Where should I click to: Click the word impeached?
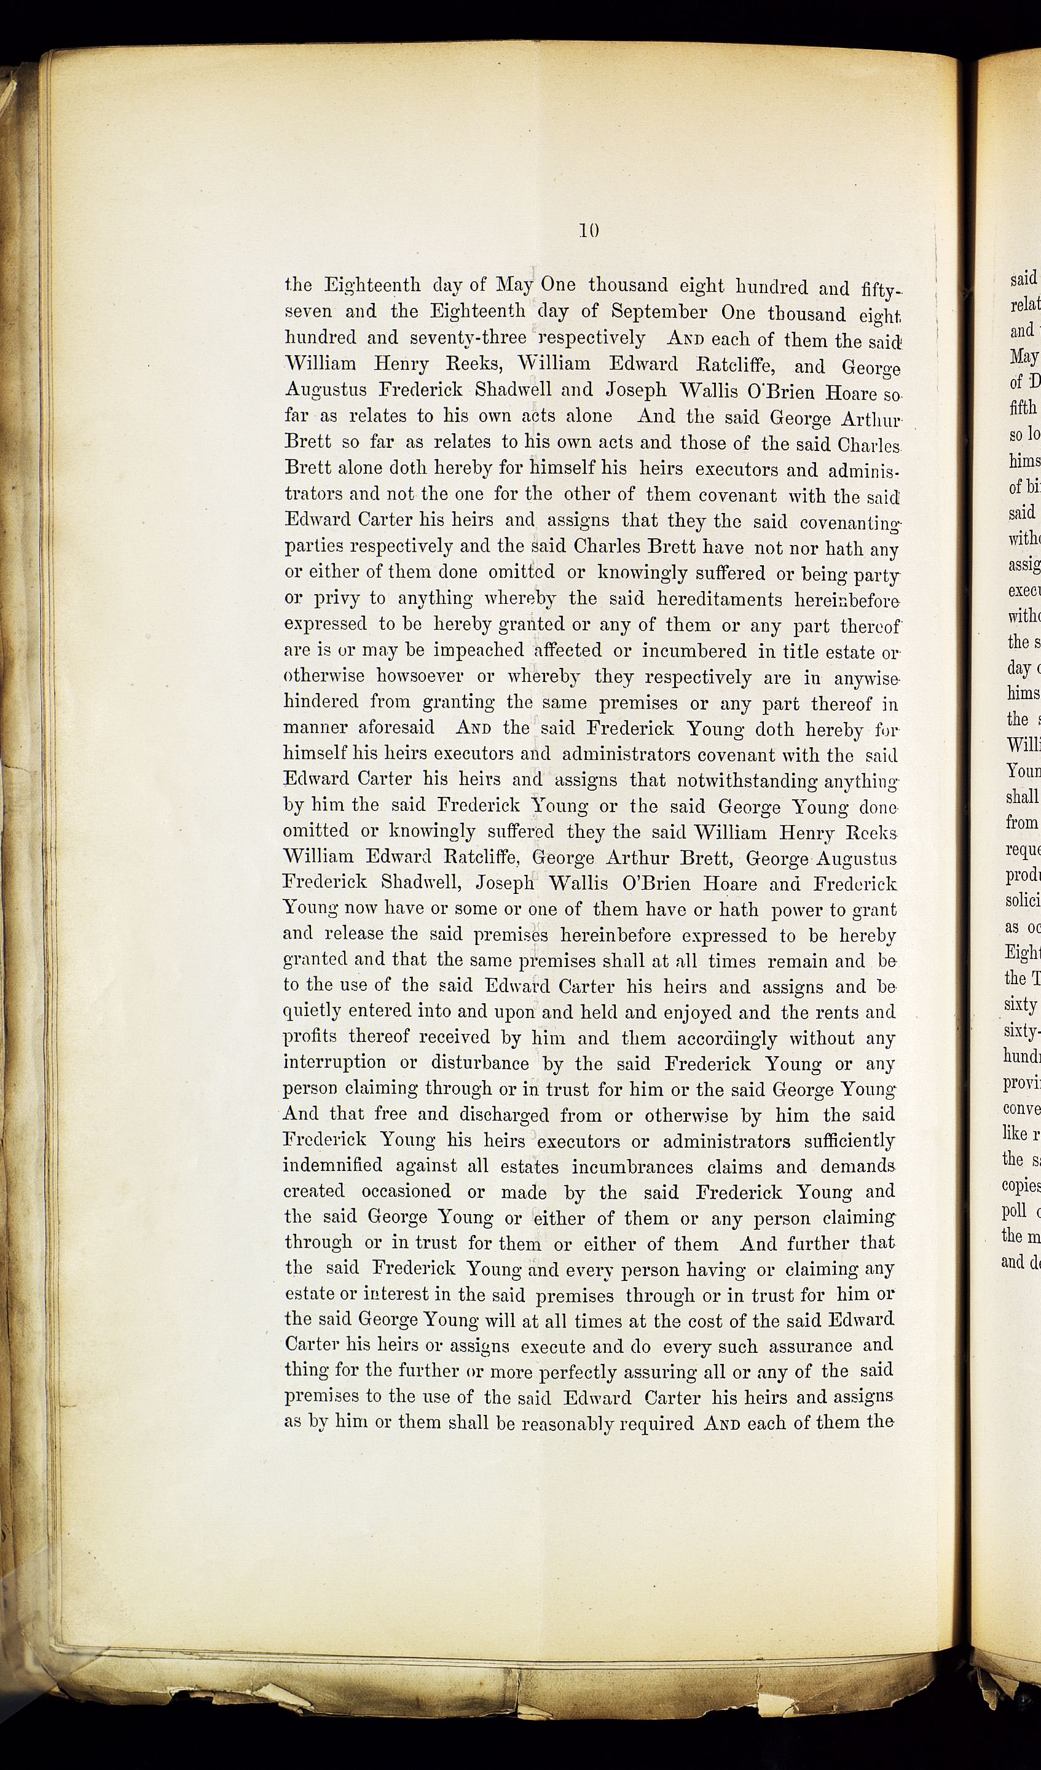click(x=477, y=651)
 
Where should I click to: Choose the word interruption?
click(x=334, y=1064)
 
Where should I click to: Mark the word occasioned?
click(x=406, y=1192)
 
